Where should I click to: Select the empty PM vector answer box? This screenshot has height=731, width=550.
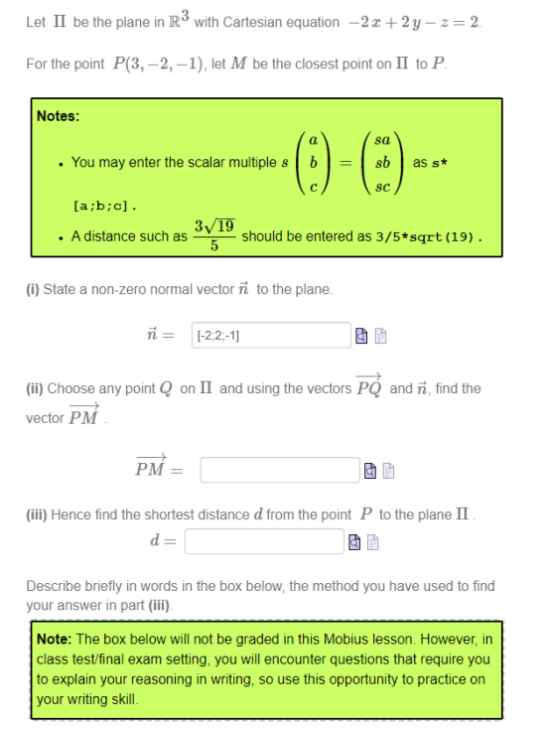279,469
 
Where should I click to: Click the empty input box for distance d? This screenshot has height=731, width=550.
263,541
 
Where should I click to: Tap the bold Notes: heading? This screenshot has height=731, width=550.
58,116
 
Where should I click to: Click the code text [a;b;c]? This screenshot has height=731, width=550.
105,208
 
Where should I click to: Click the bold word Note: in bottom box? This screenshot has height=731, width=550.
54,639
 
